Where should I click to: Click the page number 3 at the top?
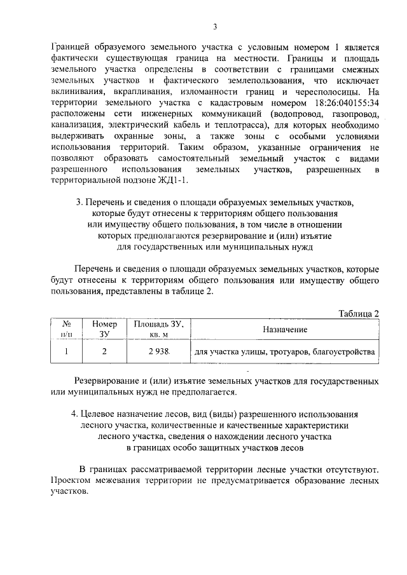[x=215, y=26]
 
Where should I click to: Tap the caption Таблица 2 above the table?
[x=359, y=313]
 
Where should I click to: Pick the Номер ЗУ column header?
[x=105, y=329]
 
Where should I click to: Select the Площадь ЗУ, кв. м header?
[x=158, y=329]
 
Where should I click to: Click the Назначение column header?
[x=284, y=329]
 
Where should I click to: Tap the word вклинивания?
[x=78, y=91]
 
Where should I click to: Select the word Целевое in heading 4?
[x=102, y=413]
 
